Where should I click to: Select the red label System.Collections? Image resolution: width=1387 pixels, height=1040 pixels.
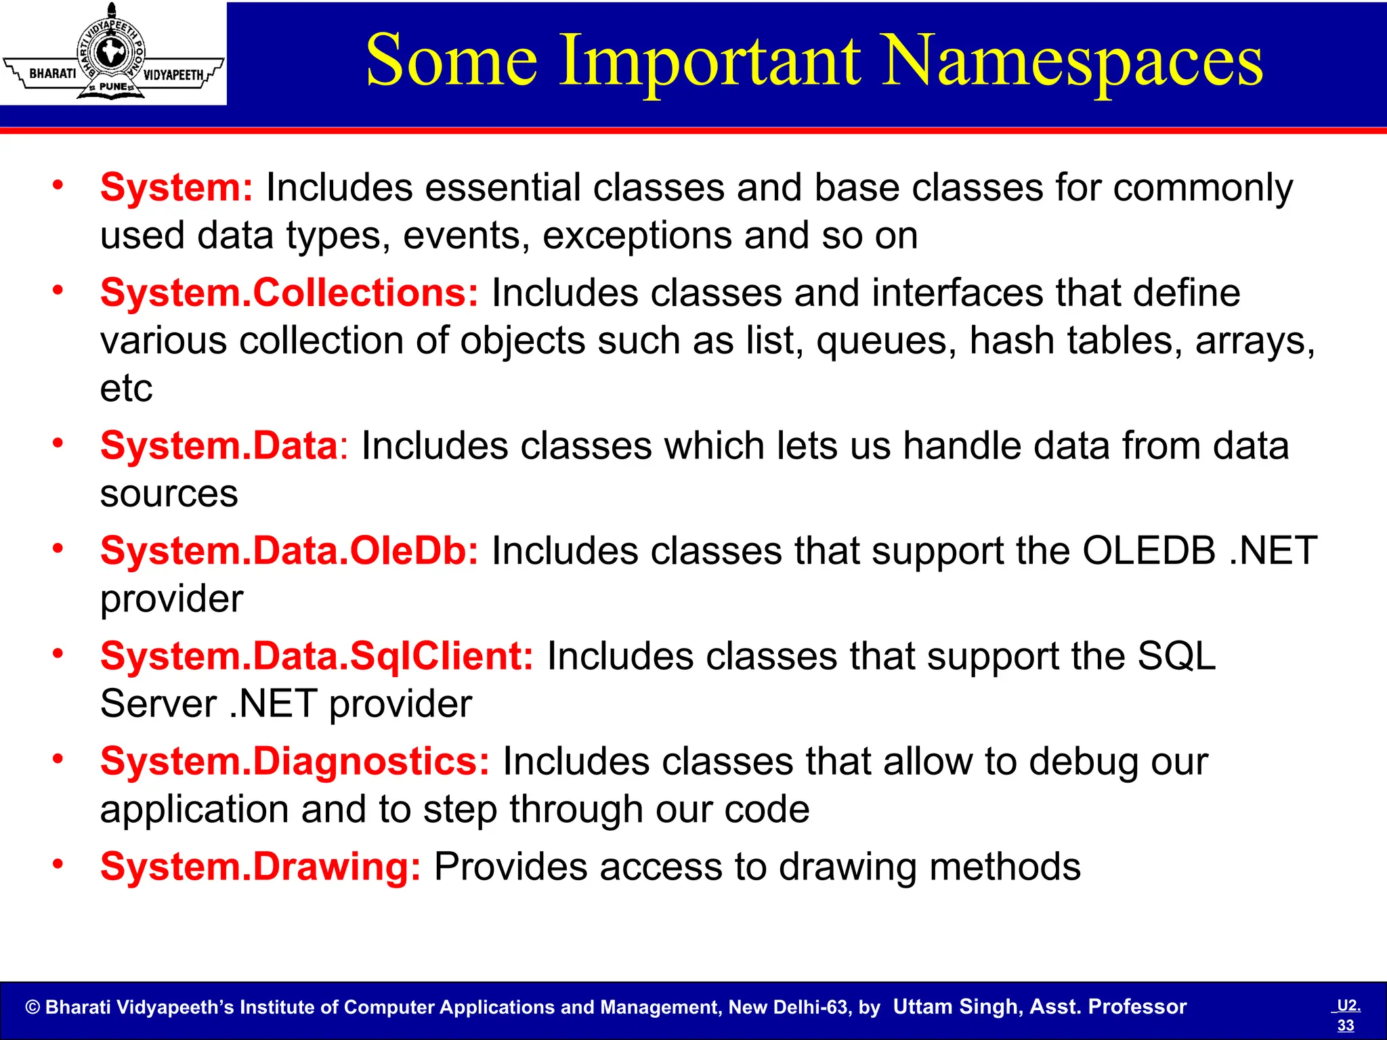pos(289,292)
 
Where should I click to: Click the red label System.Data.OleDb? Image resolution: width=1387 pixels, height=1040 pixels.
pos(289,550)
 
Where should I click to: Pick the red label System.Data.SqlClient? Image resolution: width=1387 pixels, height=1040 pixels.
pos(316,656)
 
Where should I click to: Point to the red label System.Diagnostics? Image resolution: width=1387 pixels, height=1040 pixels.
pos(295,761)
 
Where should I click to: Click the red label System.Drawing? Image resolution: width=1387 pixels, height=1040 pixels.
pos(260,867)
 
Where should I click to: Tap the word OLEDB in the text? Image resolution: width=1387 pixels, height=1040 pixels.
pos(1149,550)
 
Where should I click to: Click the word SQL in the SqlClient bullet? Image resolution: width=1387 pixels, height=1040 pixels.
pos(1176,656)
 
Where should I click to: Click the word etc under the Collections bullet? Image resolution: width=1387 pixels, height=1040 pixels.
pos(126,389)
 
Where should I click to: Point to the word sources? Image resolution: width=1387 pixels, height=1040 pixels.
pos(169,494)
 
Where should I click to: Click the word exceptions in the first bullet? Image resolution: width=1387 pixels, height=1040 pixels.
pos(637,236)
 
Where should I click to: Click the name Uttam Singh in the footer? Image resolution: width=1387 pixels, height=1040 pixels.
pos(956,1007)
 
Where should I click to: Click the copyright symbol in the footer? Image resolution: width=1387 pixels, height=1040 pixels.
pos(33,1007)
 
